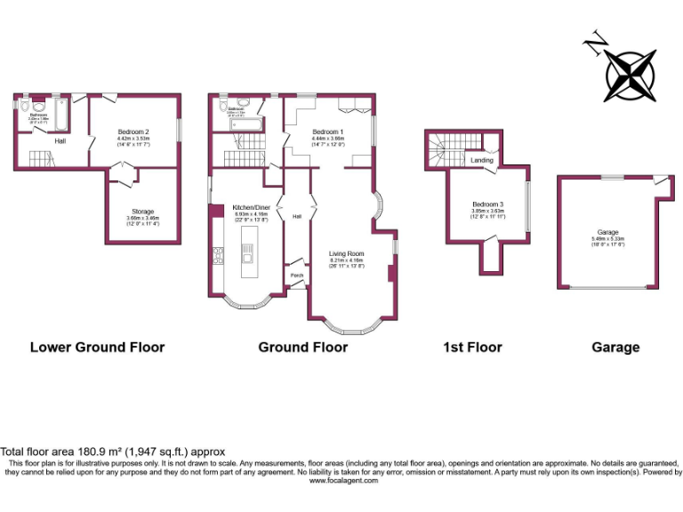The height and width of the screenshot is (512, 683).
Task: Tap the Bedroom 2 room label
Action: coord(133,132)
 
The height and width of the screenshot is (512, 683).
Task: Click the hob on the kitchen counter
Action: coord(219,257)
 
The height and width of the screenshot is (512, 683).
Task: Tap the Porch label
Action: coord(297,276)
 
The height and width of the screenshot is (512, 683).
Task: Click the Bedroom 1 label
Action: coord(327,132)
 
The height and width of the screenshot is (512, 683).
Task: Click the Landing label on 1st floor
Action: coord(482,160)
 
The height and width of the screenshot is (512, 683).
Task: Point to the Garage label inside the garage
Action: coord(607,232)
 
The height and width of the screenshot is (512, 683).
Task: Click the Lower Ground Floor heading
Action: coord(98,348)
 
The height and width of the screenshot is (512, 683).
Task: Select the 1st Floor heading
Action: coord(472,348)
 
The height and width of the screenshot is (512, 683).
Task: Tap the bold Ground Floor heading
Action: coord(302,348)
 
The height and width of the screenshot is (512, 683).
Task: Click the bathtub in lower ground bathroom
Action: coord(61,114)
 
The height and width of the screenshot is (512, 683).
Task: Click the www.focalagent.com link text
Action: coord(343,481)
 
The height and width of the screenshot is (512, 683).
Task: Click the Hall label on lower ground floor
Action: coord(60,140)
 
